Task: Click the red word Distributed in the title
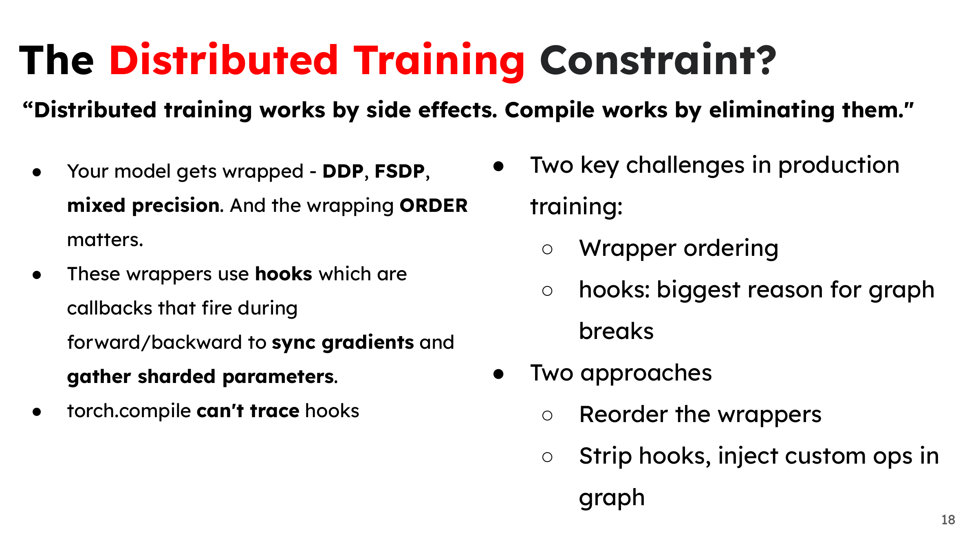224,60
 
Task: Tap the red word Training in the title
439,62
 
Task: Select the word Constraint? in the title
658,60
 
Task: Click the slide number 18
948,520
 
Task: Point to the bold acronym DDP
343,172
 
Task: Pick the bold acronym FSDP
400,172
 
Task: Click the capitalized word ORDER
434,205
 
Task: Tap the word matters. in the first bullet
105,240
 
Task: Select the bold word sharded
176,376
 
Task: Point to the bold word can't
220,411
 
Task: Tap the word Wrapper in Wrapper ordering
628,249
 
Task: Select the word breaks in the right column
616,330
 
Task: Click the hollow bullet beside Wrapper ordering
547,249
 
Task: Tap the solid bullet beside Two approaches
498,374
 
